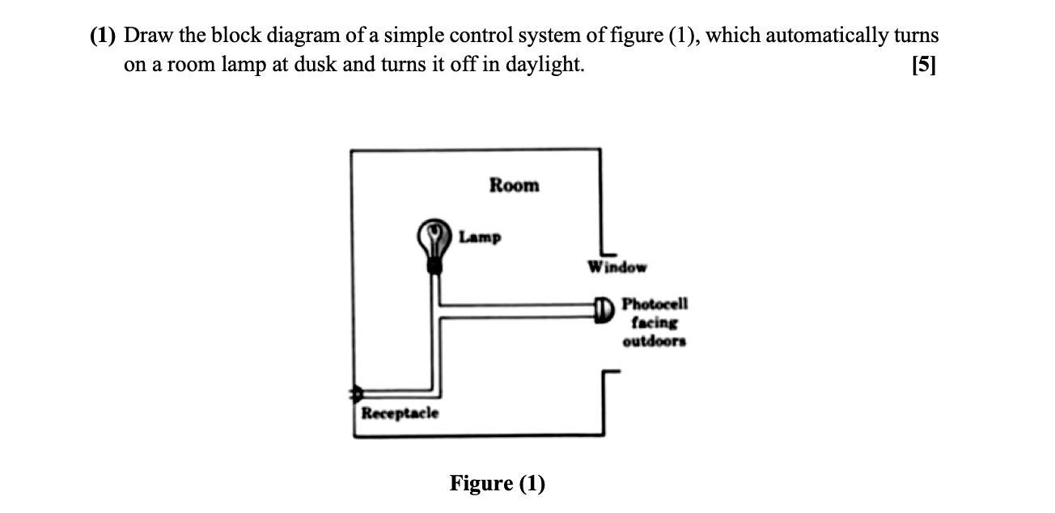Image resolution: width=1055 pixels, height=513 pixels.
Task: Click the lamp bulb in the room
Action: tap(435, 236)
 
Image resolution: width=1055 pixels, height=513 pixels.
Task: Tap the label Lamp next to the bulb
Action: tap(480, 237)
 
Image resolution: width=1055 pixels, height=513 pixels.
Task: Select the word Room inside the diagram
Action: tap(514, 185)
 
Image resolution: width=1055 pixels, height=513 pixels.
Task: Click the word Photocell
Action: tap(655, 304)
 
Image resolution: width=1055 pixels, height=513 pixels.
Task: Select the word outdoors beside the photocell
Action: tap(655, 341)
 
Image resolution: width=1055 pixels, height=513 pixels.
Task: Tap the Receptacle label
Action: tap(400, 413)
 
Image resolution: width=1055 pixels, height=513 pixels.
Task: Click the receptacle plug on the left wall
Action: tap(354, 394)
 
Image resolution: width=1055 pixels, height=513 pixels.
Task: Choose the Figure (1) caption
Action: tap(498, 484)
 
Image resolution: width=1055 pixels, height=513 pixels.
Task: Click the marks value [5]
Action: tap(922, 66)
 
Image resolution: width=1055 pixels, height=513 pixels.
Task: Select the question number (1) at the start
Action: tap(104, 36)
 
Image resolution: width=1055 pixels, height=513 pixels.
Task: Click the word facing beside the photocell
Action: tap(655, 322)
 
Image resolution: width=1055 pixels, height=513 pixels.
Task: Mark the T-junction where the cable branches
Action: tap(436, 311)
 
